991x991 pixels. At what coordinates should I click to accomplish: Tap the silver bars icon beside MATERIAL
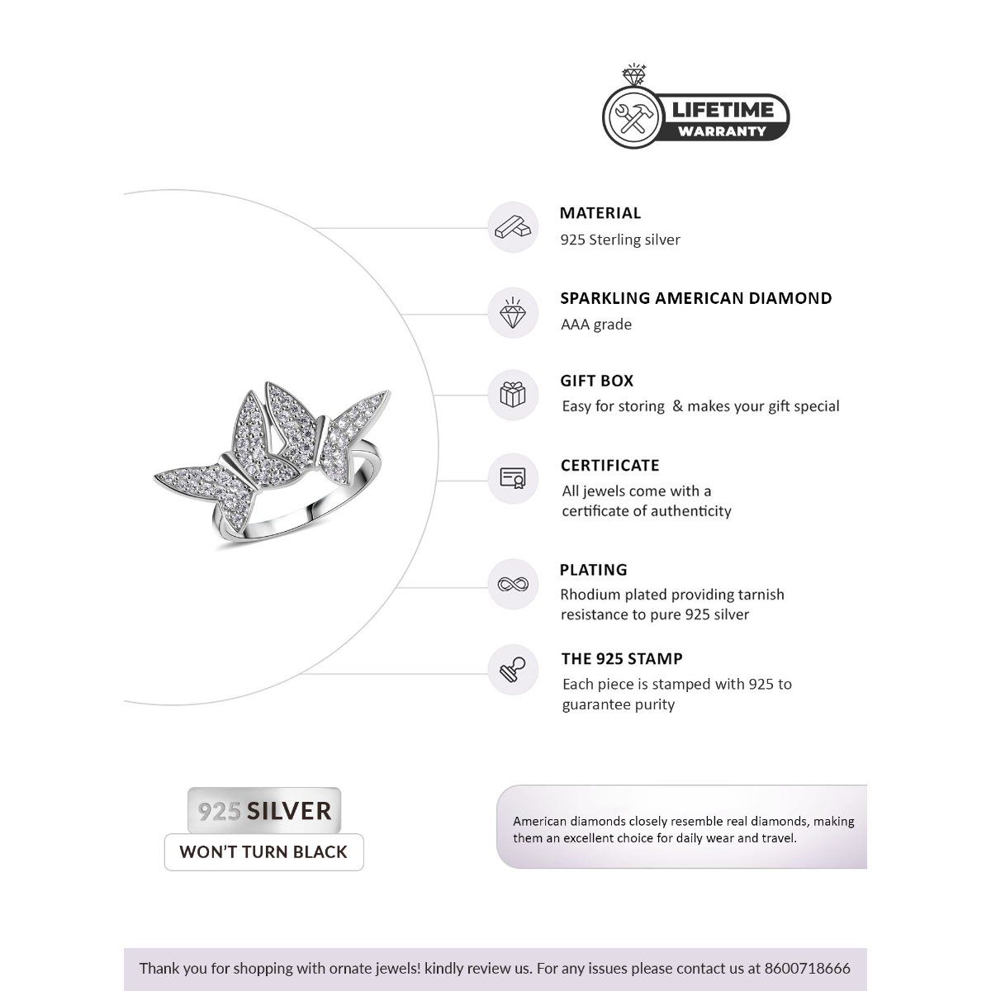click(x=513, y=226)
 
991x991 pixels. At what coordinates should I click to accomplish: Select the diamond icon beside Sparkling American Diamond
click(x=513, y=313)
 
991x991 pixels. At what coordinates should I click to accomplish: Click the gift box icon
click(x=513, y=394)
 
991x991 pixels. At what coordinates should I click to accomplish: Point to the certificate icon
click(x=513, y=478)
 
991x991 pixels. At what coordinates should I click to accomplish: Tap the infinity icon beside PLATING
click(x=513, y=585)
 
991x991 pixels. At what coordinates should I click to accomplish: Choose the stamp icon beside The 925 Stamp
click(x=513, y=670)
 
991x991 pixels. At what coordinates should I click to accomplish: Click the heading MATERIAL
click(x=600, y=213)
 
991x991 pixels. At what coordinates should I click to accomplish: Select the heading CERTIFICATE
click(x=610, y=466)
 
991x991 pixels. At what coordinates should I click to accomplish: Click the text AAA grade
click(x=596, y=325)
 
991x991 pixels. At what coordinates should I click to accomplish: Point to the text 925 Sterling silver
click(x=620, y=240)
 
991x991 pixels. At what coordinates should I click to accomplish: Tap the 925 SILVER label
click(x=264, y=810)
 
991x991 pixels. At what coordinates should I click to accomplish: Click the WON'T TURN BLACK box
click(x=263, y=852)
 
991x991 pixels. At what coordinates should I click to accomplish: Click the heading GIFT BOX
click(x=597, y=381)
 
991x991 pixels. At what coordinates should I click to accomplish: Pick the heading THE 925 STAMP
click(x=622, y=659)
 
